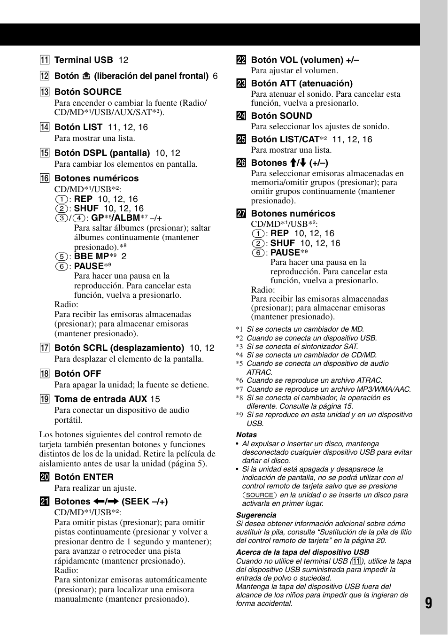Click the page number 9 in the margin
pos(428,603)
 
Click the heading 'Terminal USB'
pos(84,60)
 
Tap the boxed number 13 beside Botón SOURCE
pos(45,92)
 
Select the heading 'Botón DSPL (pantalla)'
pos(102,153)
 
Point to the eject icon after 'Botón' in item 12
pos(86,76)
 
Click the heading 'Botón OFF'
pos(77,374)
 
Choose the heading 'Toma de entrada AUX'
pos(101,399)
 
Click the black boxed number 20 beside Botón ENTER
pos(45,477)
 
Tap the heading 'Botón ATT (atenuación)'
pos(301,84)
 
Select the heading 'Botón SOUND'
pos(281,116)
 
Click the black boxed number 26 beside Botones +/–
pos(241,163)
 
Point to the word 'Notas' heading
pos(246,435)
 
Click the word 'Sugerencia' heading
pos(256,515)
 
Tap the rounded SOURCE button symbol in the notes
pos(260,495)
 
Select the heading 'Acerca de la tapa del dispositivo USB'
pos(302,552)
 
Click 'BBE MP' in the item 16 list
pos(92,256)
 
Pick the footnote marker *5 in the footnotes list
pos(239,364)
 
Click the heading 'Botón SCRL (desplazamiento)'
pos(119,348)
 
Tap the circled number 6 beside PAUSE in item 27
pos(258,253)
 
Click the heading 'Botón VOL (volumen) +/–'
pos(305,60)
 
